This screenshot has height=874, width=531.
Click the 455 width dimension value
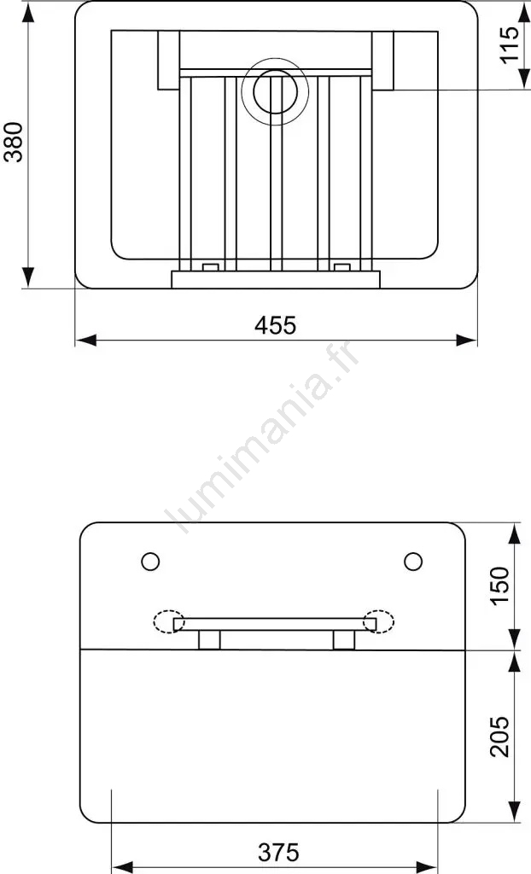(x=276, y=325)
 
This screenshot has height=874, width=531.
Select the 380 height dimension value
(x=14, y=143)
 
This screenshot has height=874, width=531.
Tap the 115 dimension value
(x=509, y=45)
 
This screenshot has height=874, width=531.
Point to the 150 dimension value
(x=499, y=586)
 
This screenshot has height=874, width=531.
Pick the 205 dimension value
(x=499, y=737)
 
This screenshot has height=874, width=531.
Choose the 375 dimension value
(x=279, y=853)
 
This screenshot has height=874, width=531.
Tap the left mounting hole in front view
(x=150, y=562)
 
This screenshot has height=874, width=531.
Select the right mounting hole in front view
(x=413, y=562)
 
